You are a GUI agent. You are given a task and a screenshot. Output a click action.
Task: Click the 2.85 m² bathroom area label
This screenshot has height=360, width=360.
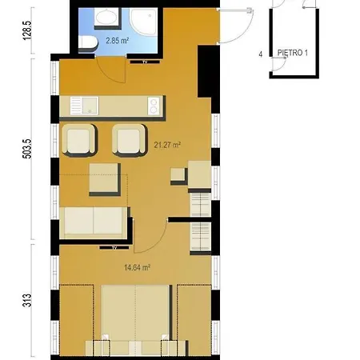coord(118,41)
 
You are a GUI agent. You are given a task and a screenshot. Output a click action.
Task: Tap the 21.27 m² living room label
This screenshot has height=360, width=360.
coord(167,145)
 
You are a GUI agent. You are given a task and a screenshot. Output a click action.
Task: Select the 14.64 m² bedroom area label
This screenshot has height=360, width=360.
coord(137,267)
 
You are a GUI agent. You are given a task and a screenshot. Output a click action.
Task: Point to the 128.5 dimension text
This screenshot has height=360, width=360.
coord(28,30)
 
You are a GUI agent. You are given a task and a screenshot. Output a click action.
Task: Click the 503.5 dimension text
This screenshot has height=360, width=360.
coord(28,149)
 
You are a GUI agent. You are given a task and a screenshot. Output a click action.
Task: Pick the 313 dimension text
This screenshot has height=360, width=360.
coord(28,301)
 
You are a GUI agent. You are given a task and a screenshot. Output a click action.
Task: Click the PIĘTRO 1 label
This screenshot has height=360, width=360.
coord(293,53)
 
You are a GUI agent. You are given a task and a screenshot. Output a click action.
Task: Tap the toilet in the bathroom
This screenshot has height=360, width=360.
coord(87,42)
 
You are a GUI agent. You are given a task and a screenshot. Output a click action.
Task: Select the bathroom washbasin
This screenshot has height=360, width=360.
coord(106,18)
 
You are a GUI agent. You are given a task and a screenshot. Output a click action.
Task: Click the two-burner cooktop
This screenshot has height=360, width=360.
coord(154,106)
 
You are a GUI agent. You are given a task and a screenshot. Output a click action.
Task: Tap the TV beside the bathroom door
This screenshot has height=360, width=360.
coord(145,62)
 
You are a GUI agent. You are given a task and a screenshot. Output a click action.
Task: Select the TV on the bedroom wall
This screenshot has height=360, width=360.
coord(114,248)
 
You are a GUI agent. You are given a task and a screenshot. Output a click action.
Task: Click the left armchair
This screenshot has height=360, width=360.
coord(79,140)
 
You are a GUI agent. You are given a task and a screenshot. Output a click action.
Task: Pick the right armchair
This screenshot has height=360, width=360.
coord(130,140)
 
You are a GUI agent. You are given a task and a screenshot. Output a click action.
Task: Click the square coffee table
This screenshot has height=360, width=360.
coord(105,179)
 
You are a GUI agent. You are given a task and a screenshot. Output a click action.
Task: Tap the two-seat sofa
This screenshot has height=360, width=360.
coord(95,222)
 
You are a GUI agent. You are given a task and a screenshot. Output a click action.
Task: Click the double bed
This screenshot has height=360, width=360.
coord(136,320)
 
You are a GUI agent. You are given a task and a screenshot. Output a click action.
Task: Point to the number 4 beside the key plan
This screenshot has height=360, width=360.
coord(261,54)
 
